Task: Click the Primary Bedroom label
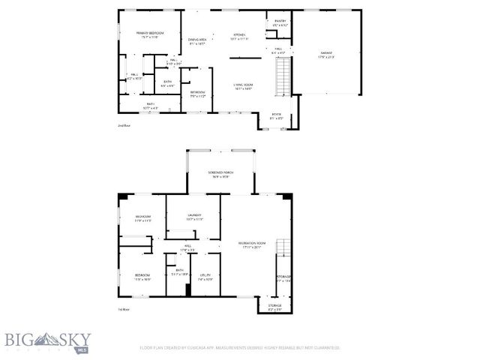(149, 35)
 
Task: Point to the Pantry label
(280, 23)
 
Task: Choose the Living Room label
(242, 87)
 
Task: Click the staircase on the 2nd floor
(282, 77)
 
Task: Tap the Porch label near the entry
(277, 116)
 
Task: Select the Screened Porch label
(220, 175)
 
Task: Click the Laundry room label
(194, 217)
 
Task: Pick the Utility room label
(204, 278)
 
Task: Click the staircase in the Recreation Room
(282, 252)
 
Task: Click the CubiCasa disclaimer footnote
(240, 348)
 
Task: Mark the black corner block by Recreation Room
(286, 196)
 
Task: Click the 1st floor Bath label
(178, 273)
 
